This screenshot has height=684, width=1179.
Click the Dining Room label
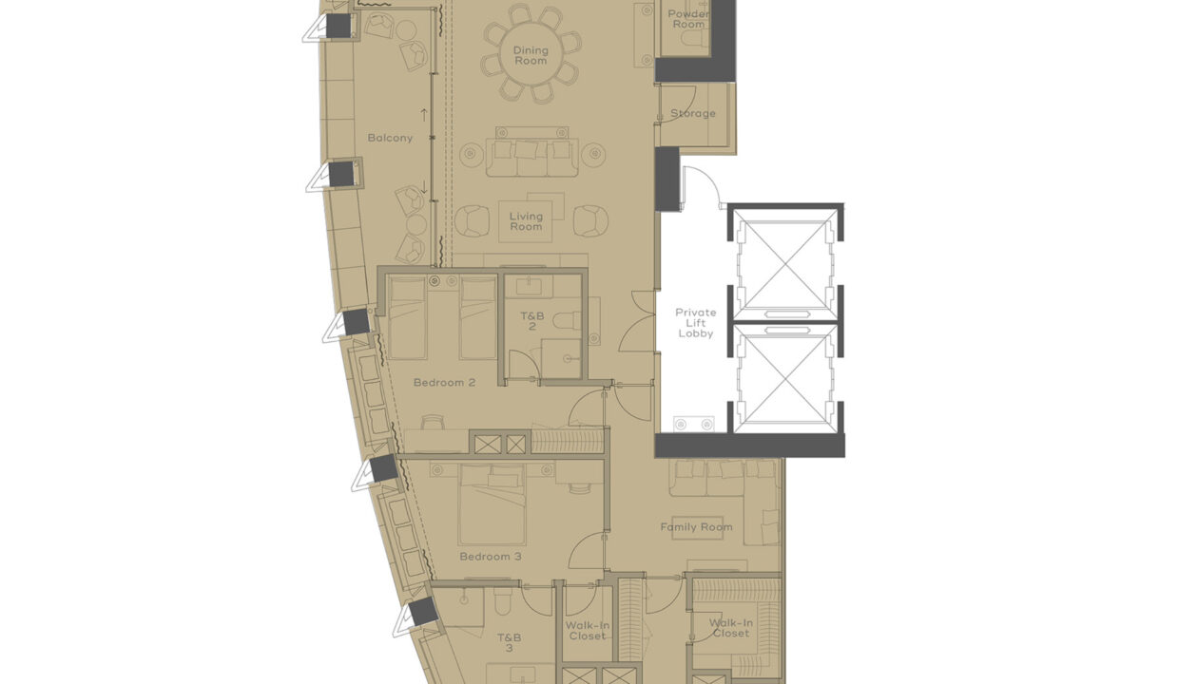[531, 55]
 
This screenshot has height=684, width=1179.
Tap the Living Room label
[525, 221]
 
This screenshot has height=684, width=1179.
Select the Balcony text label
[390, 138]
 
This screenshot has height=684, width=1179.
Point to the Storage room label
[692, 114]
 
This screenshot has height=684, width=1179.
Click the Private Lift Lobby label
[695, 323]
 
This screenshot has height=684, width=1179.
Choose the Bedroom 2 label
[444, 383]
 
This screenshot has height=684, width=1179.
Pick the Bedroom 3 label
[490, 557]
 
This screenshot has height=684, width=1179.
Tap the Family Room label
[696, 527]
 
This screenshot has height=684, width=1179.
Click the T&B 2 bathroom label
[532, 320]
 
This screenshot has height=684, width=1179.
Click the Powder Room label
[687, 19]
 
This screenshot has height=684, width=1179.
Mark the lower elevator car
[784, 377]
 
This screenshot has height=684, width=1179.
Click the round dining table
[531, 53]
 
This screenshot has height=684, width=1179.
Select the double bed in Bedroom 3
[492, 506]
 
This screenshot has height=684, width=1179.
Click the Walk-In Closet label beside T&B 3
[587, 631]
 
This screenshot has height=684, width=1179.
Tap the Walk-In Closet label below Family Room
[729, 628]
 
